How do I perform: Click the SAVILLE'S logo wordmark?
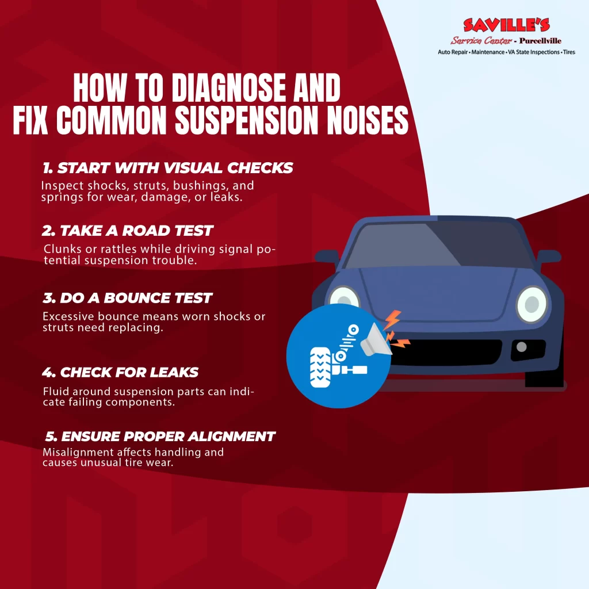tap(506, 25)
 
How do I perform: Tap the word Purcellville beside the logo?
tap(540, 41)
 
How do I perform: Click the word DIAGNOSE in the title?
tap(230, 87)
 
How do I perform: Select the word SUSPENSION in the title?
tap(246, 120)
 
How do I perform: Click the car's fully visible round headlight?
tap(532, 304)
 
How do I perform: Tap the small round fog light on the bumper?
tap(521, 347)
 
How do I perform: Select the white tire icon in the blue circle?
tap(320, 368)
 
